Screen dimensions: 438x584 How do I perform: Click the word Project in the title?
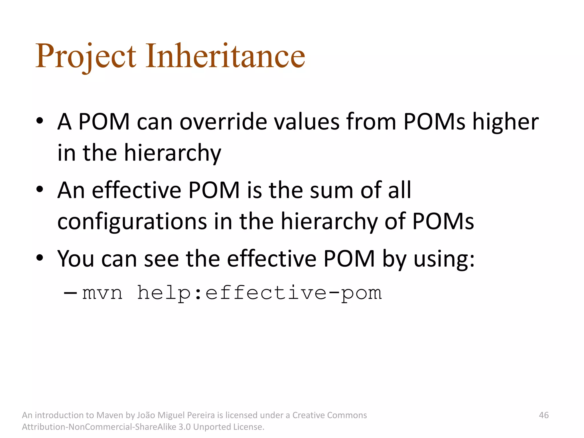point(86,56)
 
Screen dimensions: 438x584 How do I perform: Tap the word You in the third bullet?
point(75,259)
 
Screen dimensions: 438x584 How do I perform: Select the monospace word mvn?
point(102,293)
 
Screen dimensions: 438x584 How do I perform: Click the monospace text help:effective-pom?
point(259,293)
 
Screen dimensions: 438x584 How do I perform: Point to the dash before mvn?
point(70,293)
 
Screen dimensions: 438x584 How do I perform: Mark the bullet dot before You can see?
point(40,258)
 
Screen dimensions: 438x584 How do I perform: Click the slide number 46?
point(544,415)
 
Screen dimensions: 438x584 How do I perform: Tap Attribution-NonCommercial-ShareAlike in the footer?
point(99,427)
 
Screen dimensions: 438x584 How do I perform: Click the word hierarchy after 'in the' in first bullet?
point(173,153)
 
